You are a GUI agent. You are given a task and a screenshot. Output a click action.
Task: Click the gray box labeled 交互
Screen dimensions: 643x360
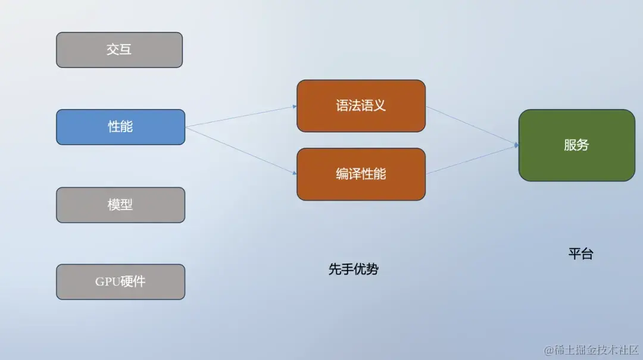pyautogui.click(x=119, y=50)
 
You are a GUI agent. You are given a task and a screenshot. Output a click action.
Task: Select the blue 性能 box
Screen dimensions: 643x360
pyautogui.click(x=120, y=127)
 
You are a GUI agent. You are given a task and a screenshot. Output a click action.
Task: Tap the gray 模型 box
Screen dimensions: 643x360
pyautogui.click(x=120, y=205)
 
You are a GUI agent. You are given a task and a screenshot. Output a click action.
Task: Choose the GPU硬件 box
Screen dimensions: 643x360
pyautogui.click(x=120, y=281)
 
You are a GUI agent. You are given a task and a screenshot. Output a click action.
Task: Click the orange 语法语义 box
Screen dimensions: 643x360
pyautogui.click(x=361, y=106)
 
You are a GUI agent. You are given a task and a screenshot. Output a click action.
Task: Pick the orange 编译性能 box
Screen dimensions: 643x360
pyautogui.click(x=361, y=174)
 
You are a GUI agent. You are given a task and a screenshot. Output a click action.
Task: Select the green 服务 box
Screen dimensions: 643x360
pyautogui.click(x=576, y=145)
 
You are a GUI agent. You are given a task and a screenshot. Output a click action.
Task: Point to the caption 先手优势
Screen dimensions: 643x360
pyautogui.click(x=353, y=269)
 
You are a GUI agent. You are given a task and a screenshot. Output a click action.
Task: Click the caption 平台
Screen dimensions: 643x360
pyautogui.click(x=580, y=253)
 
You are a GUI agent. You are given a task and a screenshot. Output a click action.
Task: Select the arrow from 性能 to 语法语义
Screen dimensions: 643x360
pyautogui.click(x=241, y=117)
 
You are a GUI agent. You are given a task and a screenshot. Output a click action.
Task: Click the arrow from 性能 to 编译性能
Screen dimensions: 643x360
pyautogui.click(x=241, y=150)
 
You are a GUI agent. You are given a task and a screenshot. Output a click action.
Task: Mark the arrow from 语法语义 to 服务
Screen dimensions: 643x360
pyautogui.click(x=472, y=126)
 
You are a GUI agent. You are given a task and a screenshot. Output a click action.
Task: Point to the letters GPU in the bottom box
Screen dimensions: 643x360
pyautogui.click(x=107, y=282)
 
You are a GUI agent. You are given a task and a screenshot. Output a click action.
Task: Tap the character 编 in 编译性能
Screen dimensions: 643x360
pyautogui.click(x=342, y=174)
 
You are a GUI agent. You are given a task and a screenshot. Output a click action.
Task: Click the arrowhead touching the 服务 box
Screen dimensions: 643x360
pyautogui.click(x=516, y=145)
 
